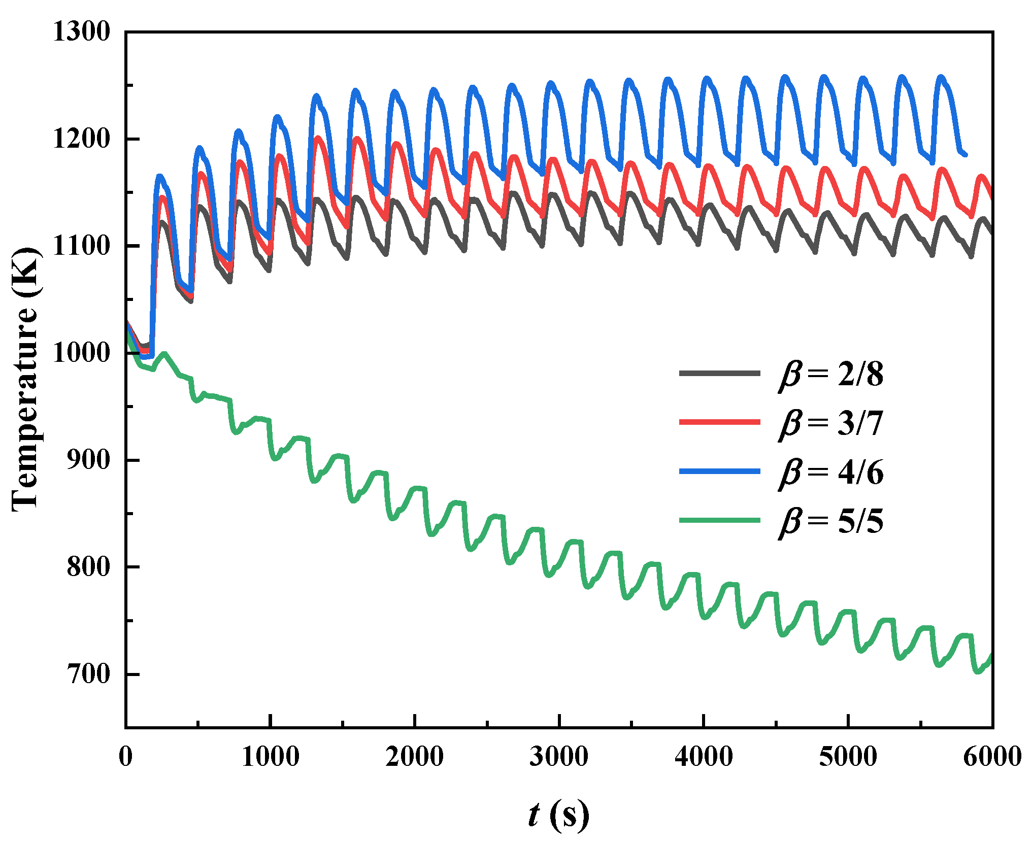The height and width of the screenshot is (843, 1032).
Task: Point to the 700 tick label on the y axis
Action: pyautogui.click(x=88, y=675)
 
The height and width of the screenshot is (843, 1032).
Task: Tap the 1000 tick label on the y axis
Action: pyautogui.click(x=81, y=353)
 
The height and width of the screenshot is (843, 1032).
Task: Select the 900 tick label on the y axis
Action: pyautogui.click(x=88, y=460)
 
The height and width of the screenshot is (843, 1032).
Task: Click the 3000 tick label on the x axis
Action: pyautogui.click(x=559, y=757)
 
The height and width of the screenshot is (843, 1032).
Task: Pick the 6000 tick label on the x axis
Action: pyautogui.click(x=992, y=757)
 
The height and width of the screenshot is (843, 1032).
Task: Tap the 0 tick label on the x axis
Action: pyautogui.click(x=126, y=757)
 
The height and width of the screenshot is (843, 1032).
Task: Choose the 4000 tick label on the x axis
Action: pyautogui.click(x=704, y=757)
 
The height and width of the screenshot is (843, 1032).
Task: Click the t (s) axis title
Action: pyautogui.click(x=558, y=815)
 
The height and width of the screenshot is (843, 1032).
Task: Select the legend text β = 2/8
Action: pyautogui.click(x=831, y=375)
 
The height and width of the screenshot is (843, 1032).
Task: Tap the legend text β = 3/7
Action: pyautogui.click(x=831, y=423)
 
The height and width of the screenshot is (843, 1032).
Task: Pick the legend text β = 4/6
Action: pyautogui.click(x=831, y=473)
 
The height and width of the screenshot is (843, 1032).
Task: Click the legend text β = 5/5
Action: pyautogui.click(x=831, y=521)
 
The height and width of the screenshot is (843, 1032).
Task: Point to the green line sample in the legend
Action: pyautogui.click(x=720, y=520)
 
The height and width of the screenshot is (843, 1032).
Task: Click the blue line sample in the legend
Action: pyautogui.click(x=720, y=471)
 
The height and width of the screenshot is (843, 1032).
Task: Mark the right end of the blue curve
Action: pyautogui.click(x=966, y=155)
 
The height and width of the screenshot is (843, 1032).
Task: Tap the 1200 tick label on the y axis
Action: pyautogui.click(x=81, y=139)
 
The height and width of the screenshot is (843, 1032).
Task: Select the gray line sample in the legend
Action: pyautogui.click(x=720, y=374)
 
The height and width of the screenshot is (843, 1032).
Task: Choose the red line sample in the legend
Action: pyautogui.click(x=720, y=422)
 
